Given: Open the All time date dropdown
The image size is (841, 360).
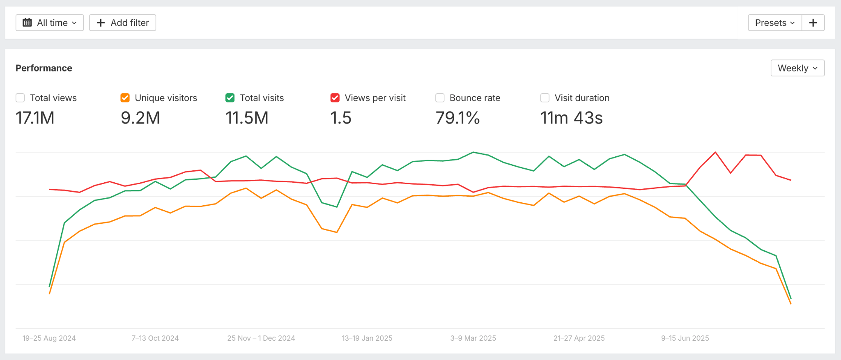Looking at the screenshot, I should (x=50, y=23).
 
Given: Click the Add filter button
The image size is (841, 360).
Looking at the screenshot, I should (x=122, y=23).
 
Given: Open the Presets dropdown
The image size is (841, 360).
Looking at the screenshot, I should (x=774, y=23).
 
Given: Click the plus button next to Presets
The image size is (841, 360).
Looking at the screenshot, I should (x=813, y=23).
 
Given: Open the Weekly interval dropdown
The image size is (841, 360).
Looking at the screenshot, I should (x=797, y=68).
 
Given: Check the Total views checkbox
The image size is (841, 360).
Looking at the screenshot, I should (x=20, y=98).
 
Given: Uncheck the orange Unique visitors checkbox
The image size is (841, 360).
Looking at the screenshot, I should (x=125, y=98).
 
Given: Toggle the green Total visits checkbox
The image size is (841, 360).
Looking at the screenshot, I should (x=230, y=98).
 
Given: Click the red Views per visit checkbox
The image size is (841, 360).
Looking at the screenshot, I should (x=335, y=98).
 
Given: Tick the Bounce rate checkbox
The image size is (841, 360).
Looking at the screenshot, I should (x=440, y=98).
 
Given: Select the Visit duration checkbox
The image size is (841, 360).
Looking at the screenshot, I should (x=545, y=98).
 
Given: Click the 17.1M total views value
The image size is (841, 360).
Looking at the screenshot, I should (x=35, y=118).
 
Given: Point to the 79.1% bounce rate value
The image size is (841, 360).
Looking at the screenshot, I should (x=457, y=118).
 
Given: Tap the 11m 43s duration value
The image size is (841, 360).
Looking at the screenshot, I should (x=571, y=118).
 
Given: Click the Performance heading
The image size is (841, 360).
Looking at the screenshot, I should (x=44, y=68).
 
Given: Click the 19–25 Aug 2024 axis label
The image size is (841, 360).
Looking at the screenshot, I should (x=49, y=338).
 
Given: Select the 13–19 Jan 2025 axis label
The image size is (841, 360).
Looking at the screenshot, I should (x=367, y=338).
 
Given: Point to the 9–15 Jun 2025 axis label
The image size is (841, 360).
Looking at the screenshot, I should (x=685, y=338).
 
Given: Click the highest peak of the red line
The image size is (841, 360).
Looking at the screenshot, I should (x=715, y=152).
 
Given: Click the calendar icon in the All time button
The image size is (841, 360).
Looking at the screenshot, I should (x=27, y=23).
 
